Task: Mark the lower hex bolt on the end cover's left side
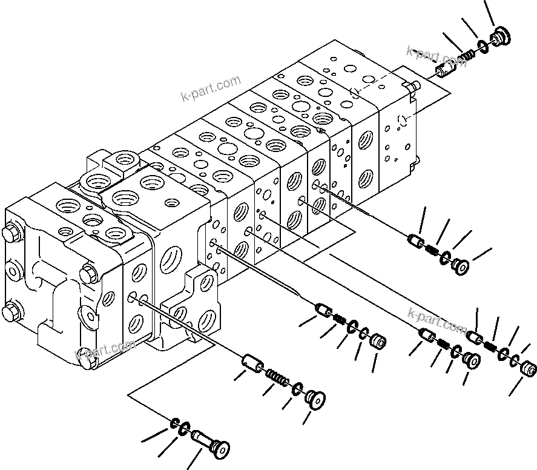point(11,313)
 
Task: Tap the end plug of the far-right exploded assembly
point(529,368)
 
